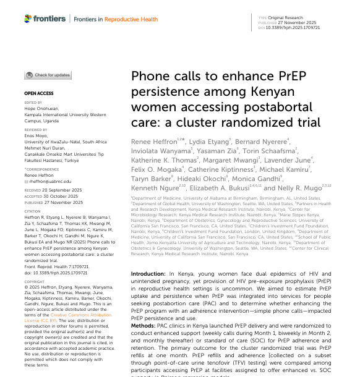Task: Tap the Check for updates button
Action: [x=48, y=75]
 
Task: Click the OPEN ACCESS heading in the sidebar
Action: [x=38, y=93]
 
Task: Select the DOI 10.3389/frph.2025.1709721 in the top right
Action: [x=293, y=28]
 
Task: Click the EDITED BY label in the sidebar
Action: [x=33, y=103]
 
